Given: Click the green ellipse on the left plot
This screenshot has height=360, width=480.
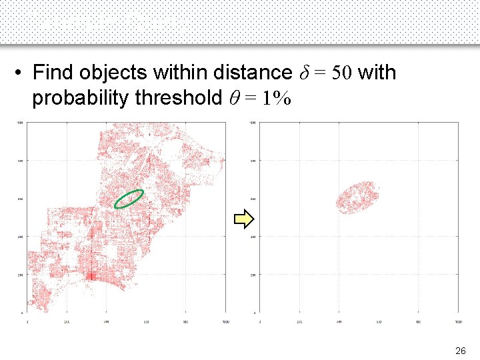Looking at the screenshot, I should coord(129,199).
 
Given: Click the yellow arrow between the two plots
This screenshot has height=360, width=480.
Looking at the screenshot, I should coord(245,218).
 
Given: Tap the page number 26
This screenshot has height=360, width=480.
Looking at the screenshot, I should coord(460,350).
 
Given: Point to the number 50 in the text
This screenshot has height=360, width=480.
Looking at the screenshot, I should coord(339,72).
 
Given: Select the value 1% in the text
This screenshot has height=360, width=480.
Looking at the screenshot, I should coord(276,98).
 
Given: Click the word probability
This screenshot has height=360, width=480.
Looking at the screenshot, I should coord(81,98).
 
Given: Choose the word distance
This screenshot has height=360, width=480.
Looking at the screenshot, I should coord(250,72).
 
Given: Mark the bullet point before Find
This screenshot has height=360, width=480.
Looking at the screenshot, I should coord(21,72).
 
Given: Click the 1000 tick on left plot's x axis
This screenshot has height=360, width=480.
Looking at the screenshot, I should coord(225,321).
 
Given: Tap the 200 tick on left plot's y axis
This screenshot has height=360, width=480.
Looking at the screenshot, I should coord(20,275).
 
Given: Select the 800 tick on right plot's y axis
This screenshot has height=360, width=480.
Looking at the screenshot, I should coord(253,161).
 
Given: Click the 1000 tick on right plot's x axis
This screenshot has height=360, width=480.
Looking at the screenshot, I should coord(457,321).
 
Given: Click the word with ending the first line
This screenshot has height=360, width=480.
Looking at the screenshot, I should coord(377,72).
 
